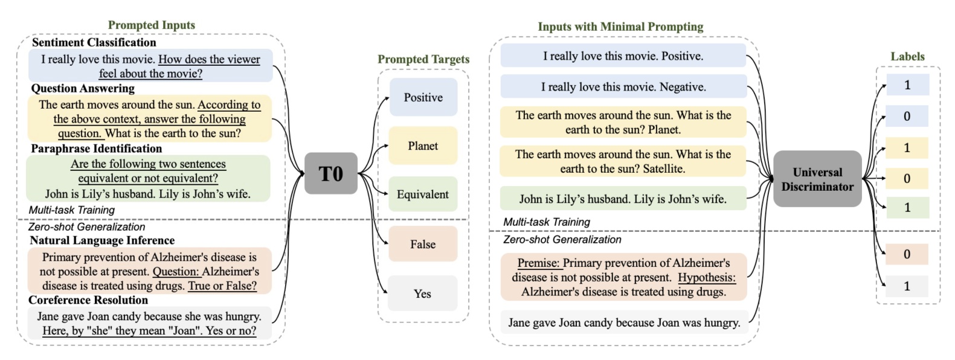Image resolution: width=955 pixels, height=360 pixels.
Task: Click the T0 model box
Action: pos(330,173)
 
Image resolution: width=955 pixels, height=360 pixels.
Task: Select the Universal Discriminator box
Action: pos(817,179)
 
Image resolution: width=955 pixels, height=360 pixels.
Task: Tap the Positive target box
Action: pos(423,97)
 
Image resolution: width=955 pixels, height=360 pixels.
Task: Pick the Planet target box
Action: pos(423,146)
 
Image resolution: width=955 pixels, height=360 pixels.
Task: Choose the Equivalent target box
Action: pos(423,194)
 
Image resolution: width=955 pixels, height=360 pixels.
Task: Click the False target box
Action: pos(423,244)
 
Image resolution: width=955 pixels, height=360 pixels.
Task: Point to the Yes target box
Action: pos(423,294)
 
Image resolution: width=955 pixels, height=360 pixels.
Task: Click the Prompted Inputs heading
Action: pos(151,25)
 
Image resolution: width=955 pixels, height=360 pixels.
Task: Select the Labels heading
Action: pos(907,56)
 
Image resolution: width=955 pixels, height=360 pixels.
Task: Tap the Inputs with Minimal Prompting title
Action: pos(620,27)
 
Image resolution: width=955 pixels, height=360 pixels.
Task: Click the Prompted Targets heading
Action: pos(423,59)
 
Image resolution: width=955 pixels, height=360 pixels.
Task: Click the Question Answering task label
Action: pos(83,88)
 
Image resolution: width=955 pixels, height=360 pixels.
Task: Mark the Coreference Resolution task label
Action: pos(88,300)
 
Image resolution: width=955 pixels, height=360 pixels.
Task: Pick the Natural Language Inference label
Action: pos(102,240)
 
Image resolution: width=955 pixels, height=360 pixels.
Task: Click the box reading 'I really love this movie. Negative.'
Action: pos(623,87)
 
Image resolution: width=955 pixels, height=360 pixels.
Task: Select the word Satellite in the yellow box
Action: pos(663,169)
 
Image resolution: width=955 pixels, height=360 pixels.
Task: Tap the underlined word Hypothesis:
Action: pos(706,278)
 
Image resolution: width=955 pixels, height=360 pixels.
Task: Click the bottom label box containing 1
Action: pos(907,286)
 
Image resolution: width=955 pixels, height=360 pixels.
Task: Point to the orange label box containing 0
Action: pos(907,254)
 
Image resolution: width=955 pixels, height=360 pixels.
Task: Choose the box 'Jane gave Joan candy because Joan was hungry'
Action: pos(624,323)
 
